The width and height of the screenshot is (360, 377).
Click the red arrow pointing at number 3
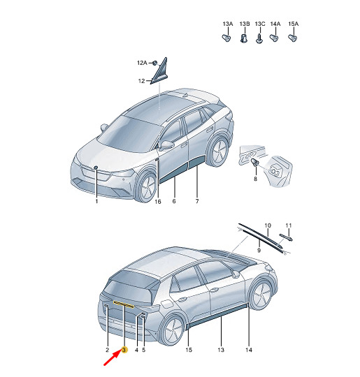tap(113, 358)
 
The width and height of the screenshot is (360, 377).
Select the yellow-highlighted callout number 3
tap(124, 350)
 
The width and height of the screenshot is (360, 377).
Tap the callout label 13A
tap(228, 24)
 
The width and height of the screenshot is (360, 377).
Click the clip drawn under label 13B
tap(244, 38)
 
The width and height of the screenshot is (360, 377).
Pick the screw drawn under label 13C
tap(259, 38)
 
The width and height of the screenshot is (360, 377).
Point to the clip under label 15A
tap(293, 38)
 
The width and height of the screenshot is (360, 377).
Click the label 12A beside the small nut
tap(142, 63)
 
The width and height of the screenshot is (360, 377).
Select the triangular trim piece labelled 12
tap(159, 71)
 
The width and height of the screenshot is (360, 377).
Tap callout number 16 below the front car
tap(158, 202)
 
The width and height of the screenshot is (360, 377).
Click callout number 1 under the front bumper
tap(96, 201)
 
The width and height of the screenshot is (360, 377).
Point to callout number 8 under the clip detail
tap(255, 179)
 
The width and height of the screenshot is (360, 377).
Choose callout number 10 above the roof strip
tap(268, 226)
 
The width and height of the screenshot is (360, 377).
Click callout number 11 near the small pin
tap(289, 226)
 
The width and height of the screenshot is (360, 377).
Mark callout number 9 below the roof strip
tap(259, 251)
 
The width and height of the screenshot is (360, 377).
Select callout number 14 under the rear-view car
tap(249, 350)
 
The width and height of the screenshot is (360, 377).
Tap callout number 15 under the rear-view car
tap(189, 350)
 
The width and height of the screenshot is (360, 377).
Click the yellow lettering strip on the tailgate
tap(124, 304)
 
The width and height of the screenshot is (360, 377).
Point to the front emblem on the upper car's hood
tap(96, 168)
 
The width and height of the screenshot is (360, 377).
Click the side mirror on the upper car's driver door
tap(166, 145)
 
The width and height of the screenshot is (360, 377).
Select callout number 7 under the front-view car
tap(197, 201)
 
